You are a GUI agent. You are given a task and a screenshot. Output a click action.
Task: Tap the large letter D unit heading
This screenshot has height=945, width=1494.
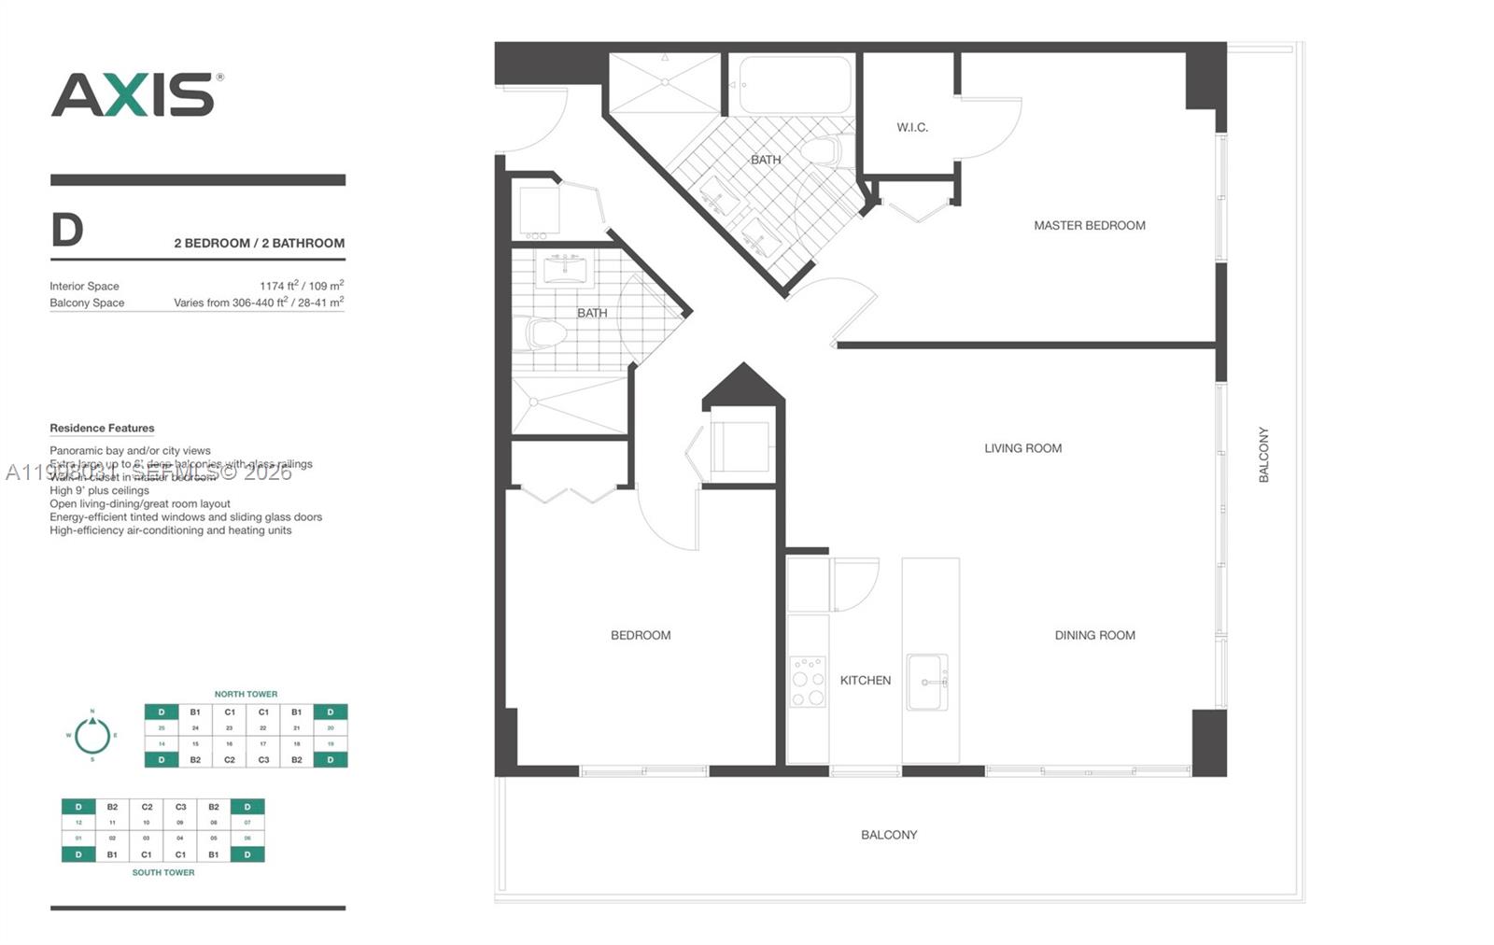tap(67, 230)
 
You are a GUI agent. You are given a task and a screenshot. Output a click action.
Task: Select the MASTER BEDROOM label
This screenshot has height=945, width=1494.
tap(1089, 225)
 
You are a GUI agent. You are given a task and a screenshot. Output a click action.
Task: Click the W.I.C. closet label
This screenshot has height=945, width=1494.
tap(912, 127)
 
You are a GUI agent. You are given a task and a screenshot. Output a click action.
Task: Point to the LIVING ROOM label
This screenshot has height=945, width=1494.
tap(1022, 448)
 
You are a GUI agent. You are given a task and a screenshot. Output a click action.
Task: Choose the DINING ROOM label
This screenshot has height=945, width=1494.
tap(1094, 635)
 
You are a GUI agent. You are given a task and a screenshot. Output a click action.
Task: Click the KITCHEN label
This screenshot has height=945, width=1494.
tap(865, 680)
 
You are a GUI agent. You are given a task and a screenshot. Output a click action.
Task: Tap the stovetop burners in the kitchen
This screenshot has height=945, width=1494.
tap(808, 681)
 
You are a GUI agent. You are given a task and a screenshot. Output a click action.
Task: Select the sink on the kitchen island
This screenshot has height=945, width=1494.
tap(927, 682)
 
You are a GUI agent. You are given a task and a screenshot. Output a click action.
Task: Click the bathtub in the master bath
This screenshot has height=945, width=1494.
tap(796, 85)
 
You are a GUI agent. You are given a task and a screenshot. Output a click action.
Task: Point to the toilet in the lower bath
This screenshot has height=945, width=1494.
tap(545, 332)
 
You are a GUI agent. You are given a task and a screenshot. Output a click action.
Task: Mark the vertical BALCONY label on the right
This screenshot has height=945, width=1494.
tap(1263, 455)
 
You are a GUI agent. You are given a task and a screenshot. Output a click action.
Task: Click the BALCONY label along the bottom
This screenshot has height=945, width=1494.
tap(888, 835)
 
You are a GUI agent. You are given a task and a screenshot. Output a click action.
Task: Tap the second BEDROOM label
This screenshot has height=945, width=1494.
tap(641, 635)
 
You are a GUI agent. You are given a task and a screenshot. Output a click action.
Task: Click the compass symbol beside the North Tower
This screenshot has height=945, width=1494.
tap(92, 736)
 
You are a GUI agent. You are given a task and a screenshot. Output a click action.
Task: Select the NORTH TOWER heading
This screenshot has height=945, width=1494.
tap(246, 694)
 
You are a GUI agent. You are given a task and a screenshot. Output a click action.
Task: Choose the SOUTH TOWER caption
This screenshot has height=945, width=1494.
tap(163, 872)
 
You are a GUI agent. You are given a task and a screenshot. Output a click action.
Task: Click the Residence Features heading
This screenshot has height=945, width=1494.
tap(102, 428)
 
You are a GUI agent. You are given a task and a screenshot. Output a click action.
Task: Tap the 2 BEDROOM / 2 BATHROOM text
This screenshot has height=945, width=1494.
tap(259, 243)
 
